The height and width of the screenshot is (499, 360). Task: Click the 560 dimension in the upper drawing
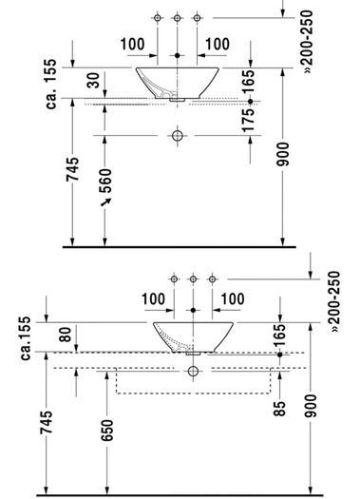point(105,181)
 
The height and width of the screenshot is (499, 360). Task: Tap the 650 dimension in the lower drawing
point(107,431)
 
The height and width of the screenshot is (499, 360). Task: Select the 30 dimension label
point(93,80)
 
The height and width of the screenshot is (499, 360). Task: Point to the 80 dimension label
point(66,335)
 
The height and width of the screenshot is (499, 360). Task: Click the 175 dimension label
point(248,121)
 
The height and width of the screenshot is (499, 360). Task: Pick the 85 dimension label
point(279,409)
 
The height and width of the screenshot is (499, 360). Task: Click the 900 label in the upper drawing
point(283,154)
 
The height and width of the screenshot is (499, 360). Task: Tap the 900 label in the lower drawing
point(311,406)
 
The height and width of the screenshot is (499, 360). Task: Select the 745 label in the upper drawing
point(72,169)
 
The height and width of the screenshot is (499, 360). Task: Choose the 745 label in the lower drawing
point(47,423)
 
